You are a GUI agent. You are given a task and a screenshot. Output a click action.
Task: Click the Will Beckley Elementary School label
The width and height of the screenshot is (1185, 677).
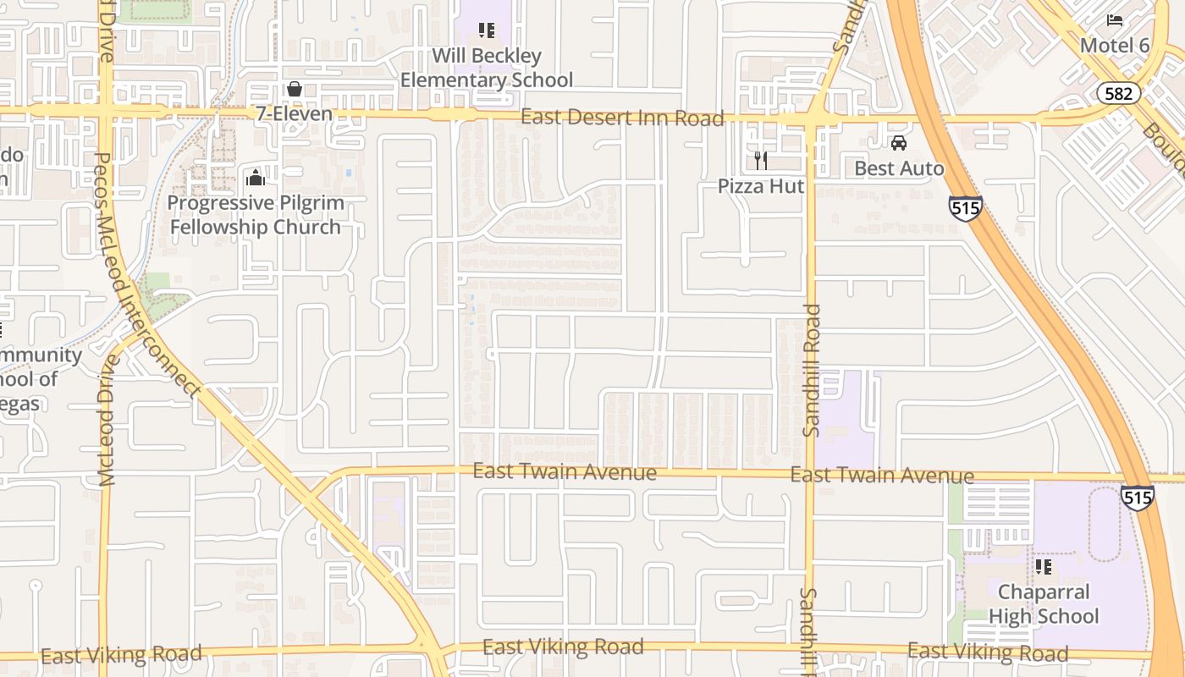point(487,68)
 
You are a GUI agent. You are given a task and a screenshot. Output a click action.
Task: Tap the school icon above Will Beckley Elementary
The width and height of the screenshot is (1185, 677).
point(487,31)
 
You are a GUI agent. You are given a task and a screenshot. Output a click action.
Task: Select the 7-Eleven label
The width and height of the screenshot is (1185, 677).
point(294,113)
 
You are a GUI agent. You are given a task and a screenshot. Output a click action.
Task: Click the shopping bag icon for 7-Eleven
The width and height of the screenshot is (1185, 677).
point(295,89)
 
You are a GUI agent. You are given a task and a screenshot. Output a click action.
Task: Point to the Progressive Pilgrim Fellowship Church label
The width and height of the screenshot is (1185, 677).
point(256,215)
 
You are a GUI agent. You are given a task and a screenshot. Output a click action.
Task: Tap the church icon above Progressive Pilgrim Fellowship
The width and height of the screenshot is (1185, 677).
point(255,178)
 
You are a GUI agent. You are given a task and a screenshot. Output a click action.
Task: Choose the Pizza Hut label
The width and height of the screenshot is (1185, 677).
point(761,185)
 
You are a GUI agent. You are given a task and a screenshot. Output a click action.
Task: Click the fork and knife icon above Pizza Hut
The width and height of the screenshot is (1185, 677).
point(761,160)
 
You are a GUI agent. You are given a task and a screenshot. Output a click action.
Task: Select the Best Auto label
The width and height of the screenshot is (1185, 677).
point(899,168)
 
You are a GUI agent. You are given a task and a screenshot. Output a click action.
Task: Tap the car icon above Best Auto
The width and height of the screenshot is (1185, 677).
point(899,143)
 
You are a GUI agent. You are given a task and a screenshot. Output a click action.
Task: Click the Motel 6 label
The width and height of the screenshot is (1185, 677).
point(1115,45)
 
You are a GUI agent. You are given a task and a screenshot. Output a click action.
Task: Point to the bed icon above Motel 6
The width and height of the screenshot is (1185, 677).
point(1115,19)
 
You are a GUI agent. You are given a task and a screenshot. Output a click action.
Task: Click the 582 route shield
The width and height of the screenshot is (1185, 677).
point(1118,93)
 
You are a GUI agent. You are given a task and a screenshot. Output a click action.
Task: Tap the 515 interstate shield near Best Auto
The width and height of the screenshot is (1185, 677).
point(965,208)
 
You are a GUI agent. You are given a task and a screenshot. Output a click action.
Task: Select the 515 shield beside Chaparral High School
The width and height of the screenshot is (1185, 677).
point(1137,497)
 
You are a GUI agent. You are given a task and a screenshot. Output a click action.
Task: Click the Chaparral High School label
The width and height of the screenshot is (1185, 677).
point(1044,603)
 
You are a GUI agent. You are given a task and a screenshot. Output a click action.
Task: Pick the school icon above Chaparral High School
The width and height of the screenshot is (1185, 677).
point(1044,566)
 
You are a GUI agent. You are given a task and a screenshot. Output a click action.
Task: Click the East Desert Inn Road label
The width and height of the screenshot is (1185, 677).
point(622,118)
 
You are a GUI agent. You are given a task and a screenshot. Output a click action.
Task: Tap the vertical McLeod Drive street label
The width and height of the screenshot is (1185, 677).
point(107,421)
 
